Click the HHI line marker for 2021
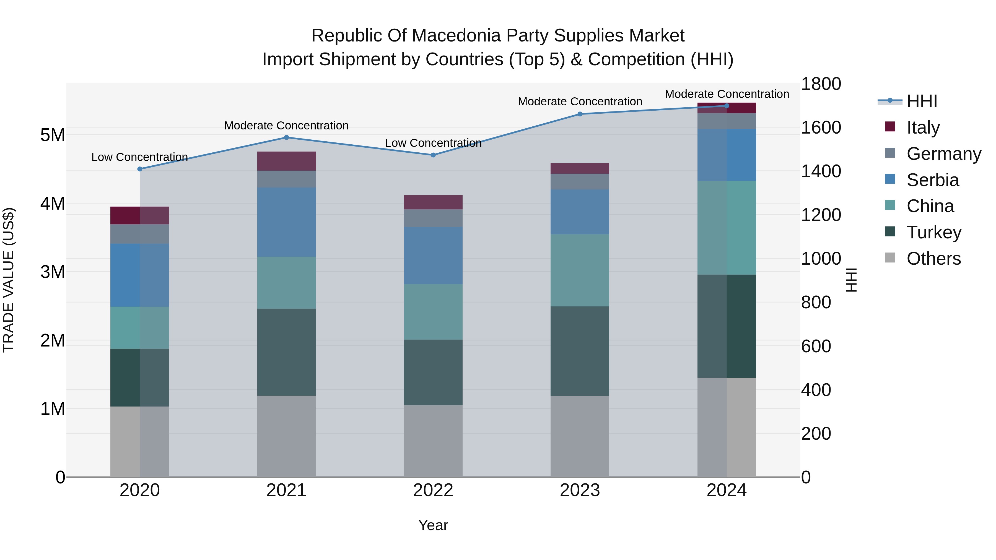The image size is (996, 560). (x=287, y=138)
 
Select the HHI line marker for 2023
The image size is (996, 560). (x=580, y=114)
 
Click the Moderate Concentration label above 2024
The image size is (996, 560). (x=727, y=94)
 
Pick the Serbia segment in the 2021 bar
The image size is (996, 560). (x=287, y=222)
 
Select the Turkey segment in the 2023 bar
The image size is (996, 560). (x=580, y=351)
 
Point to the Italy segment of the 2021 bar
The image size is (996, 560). (x=287, y=161)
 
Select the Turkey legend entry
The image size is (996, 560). (x=933, y=232)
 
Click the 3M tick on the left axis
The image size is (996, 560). (x=53, y=272)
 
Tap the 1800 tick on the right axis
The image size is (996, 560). (x=821, y=84)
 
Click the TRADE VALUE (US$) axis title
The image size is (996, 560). (x=9, y=280)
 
